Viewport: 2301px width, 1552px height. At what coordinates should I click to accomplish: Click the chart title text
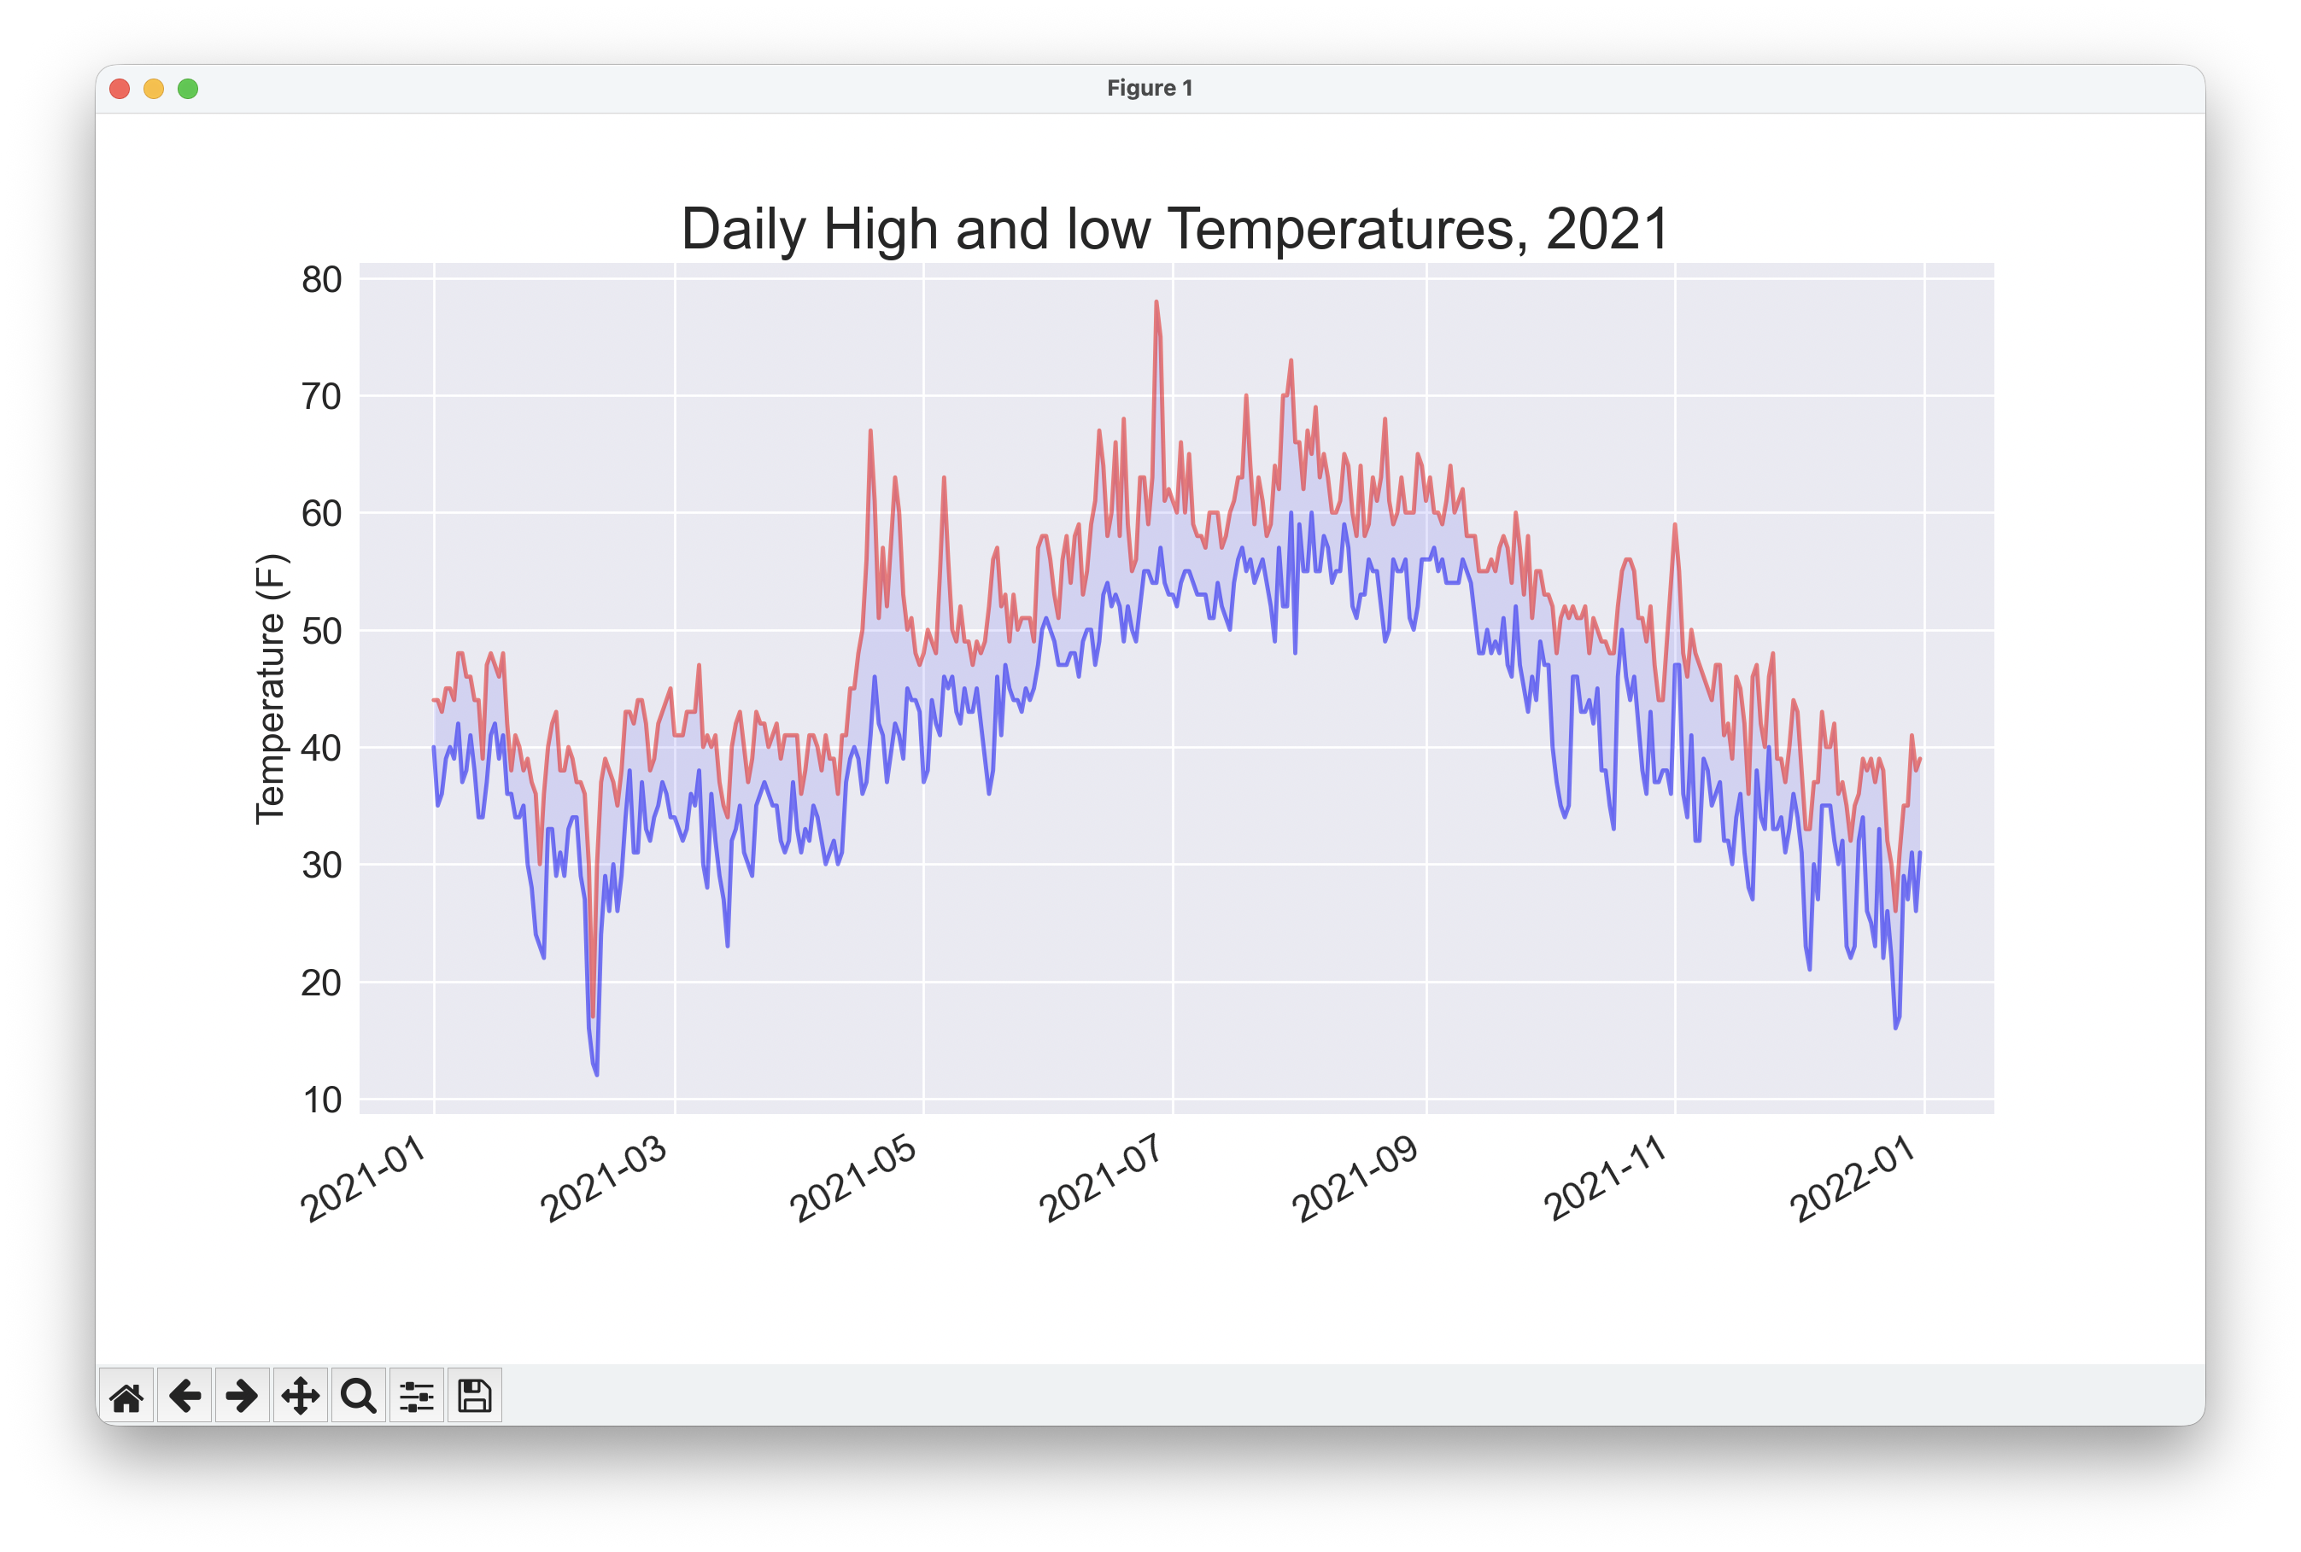tap(1175, 230)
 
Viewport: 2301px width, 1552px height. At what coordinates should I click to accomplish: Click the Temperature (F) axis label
tap(270, 689)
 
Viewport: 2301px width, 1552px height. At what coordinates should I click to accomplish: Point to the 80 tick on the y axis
tap(322, 280)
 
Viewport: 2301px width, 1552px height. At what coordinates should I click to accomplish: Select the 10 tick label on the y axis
tap(322, 1100)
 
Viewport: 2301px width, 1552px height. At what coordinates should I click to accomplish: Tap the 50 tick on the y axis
tap(322, 631)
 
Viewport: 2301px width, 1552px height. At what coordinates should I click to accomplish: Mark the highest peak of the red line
tap(1156, 302)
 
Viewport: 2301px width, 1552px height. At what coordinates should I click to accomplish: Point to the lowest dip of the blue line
tap(596, 1074)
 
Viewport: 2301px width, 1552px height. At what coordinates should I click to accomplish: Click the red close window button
tap(120, 89)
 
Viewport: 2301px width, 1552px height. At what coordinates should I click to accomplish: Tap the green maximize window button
tap(188, 89)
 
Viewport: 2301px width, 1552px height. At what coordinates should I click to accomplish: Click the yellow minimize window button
tap(154, 89)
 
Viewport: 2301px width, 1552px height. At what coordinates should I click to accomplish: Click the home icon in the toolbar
tap(126, 1397)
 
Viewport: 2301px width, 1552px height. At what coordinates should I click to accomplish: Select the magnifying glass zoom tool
tap(359, 1397)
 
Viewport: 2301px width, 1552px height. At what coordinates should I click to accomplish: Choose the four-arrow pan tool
tap(300, 1397)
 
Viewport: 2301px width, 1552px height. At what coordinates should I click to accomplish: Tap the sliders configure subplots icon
tap(417, 1397)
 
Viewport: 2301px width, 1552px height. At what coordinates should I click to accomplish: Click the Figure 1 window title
tap(1150, 88)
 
